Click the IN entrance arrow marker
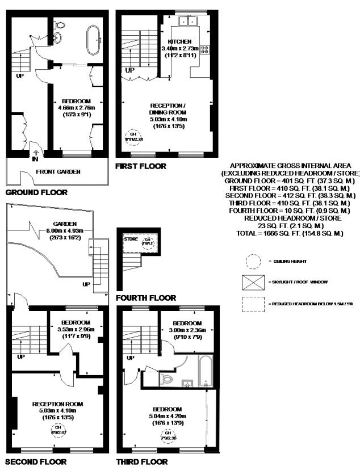(36, 154)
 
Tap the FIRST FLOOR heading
(140, 166)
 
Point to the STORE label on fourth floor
(131, 239)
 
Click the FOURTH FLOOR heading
(145, 297)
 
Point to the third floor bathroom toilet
(167, 378)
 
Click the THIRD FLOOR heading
(141, 462)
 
